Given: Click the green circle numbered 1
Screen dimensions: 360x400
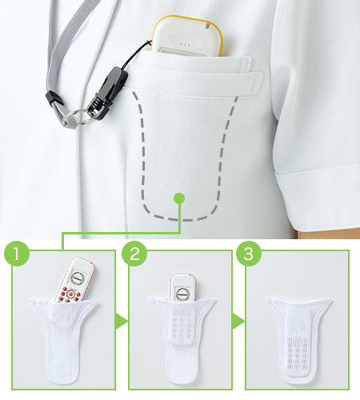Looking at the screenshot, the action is (17, 254).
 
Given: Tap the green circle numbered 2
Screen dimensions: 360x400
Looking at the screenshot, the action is (134, 254).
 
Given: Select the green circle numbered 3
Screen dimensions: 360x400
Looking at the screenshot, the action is (249, 254).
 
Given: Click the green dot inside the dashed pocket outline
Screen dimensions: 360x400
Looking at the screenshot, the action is (179, 198).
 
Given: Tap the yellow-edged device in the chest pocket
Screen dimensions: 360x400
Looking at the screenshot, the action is (186, 36).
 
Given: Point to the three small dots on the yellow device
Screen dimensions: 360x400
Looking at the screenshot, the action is (185, 44).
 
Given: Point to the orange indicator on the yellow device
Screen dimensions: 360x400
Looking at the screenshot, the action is (208, 26).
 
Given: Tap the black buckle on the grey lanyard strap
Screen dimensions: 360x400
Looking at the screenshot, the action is (54, 98).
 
